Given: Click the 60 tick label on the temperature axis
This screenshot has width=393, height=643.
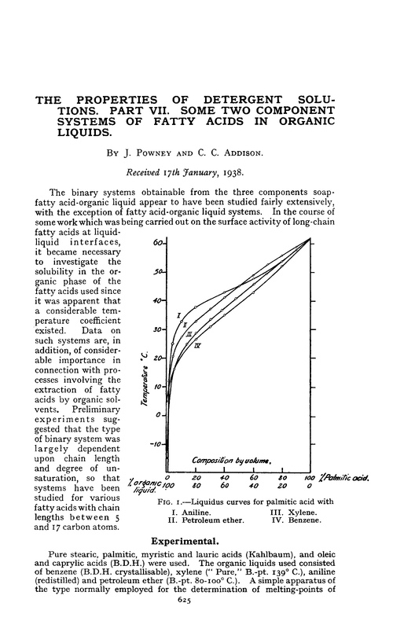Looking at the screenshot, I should click(x=156, y=243).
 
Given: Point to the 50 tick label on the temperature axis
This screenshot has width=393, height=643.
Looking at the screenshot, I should click(x=156, y=272).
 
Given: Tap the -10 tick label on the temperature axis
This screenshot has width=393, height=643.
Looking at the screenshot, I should click(x=156, y=444).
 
